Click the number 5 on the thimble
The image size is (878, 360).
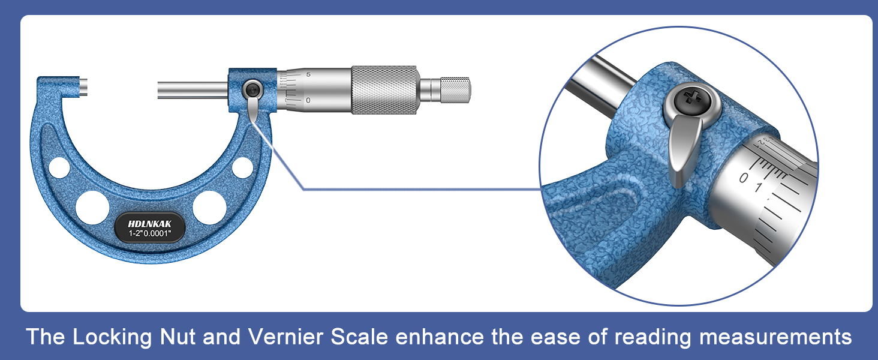tap(308, 75)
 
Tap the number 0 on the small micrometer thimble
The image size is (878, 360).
tap(308, 100)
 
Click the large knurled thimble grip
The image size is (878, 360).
tap(383, 89)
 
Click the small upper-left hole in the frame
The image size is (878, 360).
tap(59, 167)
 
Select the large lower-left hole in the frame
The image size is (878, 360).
tap(92, 207)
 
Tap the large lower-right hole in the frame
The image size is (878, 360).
tap(209, 207)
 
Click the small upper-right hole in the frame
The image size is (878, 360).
tap(242, 167)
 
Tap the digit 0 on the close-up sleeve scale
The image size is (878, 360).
tap(744, 178)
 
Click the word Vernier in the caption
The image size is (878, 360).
tap(276, 337)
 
